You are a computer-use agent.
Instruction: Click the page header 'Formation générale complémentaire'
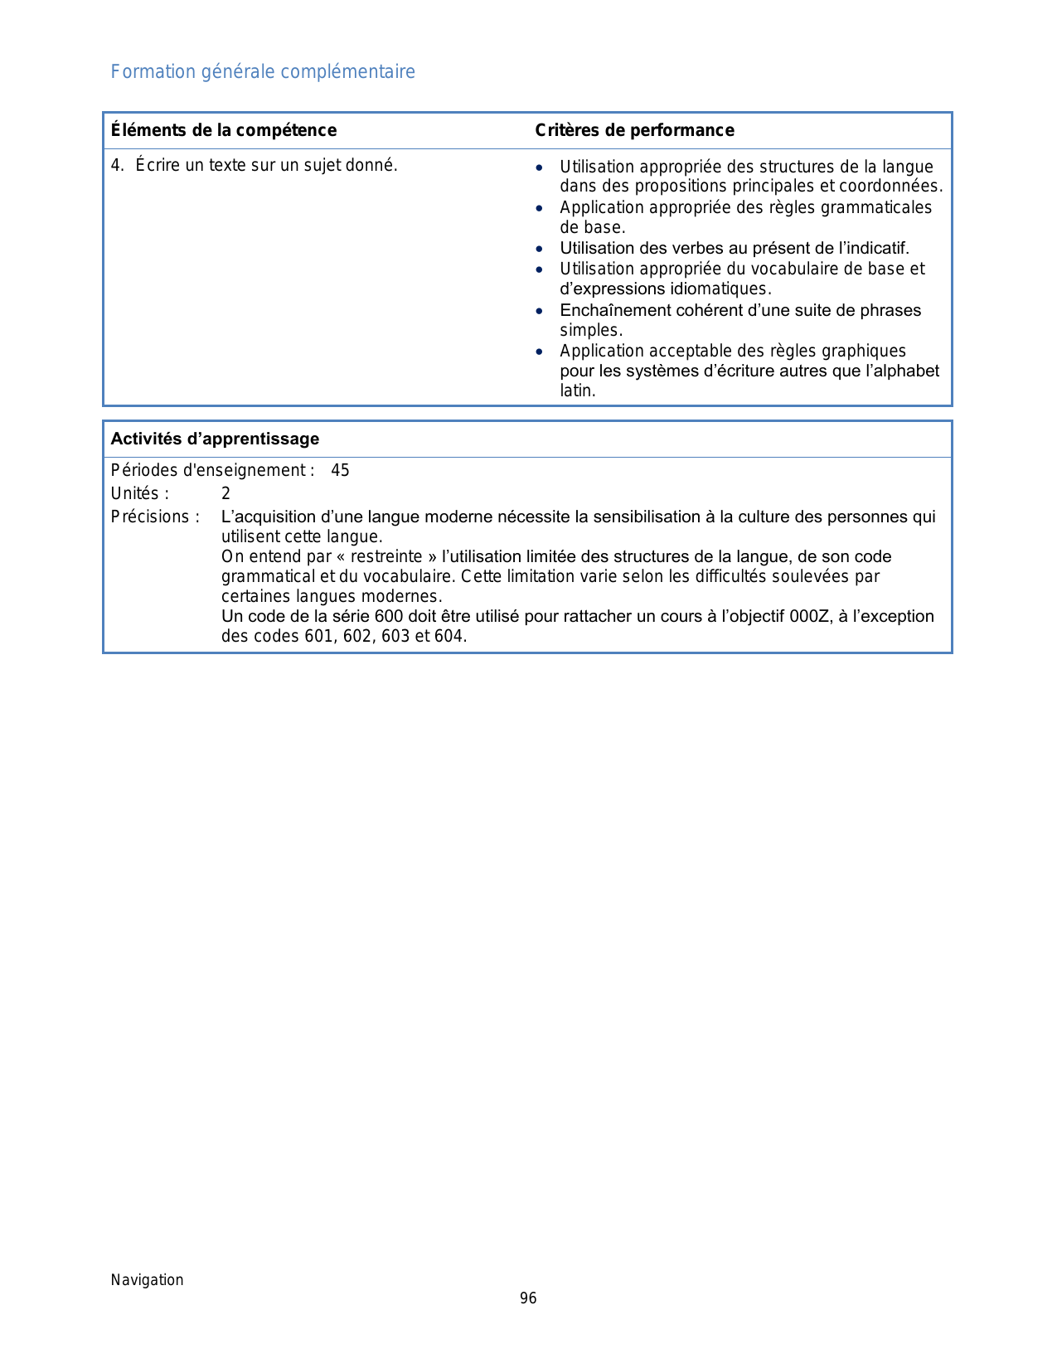(x=263, y=72)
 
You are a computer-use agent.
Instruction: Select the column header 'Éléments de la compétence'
(x=224, y=130)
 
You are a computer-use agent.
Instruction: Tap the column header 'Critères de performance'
(x=634, y=130)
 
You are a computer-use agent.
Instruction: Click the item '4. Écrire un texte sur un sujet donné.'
(x=255, y=165)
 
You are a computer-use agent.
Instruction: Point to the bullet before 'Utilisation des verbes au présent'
(x=540, y=249)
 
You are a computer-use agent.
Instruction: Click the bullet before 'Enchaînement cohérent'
(x=540, y=311)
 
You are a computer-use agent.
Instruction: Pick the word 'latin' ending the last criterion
(x=576, y=391)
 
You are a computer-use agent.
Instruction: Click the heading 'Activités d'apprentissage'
(x=215, y=439)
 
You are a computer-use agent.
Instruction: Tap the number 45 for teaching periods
(x=340, y=471)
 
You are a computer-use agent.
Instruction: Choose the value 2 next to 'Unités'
(x=225, y=494)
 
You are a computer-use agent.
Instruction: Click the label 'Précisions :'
(x=155, y=517)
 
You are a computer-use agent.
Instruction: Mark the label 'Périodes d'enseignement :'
(x=212, y=471)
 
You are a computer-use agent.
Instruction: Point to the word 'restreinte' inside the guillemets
(x=386, y=557)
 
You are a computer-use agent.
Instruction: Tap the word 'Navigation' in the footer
(x=148, y=1280)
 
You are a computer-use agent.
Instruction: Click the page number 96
(x=528, y=1298)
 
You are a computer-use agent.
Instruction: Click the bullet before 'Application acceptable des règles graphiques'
(x=540, y=352)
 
